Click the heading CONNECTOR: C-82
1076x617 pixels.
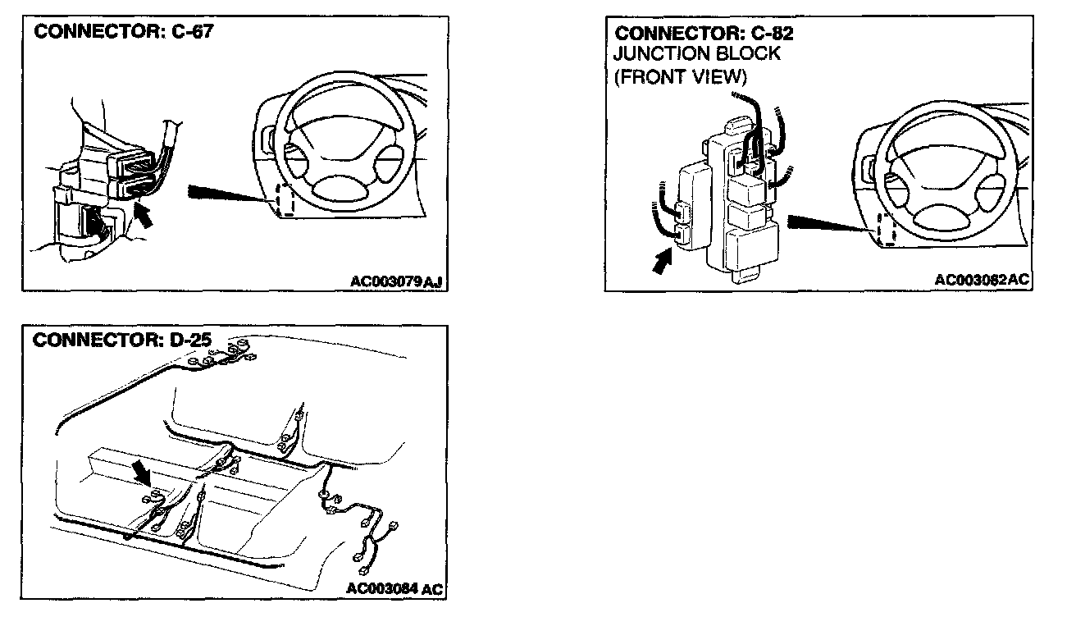coord(704,34)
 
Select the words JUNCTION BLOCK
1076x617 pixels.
coord(697,54)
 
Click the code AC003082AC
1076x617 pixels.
coord(981,280)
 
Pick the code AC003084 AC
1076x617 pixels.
coord(394,588)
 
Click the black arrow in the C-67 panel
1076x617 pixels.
coord(143,217)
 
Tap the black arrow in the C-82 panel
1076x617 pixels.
coord(661,263)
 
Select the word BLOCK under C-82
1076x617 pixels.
coord(750,54)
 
